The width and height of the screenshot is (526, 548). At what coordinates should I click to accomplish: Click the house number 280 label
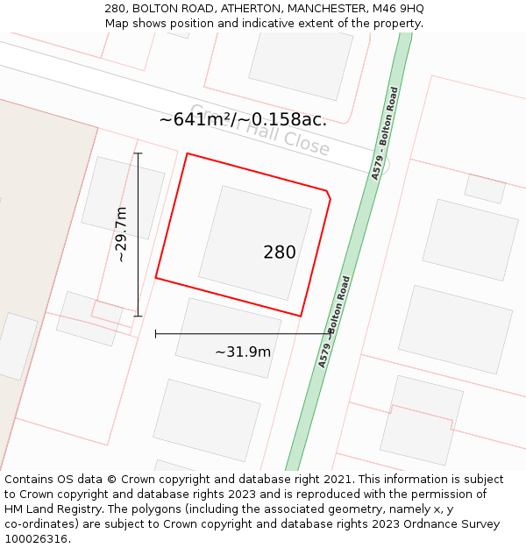[280, 253]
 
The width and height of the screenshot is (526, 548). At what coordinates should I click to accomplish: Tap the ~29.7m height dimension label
[121, 234]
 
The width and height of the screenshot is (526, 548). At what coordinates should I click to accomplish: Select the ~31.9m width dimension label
[243, 352]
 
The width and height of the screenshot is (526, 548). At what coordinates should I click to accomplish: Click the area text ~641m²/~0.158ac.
[243, 120]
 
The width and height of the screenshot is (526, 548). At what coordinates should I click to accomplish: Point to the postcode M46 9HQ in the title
[396, 8]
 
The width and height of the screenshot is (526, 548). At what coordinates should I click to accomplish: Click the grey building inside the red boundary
[254, 242]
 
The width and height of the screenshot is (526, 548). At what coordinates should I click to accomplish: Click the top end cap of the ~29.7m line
[138, 153]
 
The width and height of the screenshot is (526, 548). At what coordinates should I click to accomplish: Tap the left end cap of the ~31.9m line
[155, 333]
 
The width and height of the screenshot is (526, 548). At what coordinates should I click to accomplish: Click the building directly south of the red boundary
[228, 338]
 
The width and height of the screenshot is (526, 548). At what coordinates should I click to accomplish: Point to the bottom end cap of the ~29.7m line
[138, 316]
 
